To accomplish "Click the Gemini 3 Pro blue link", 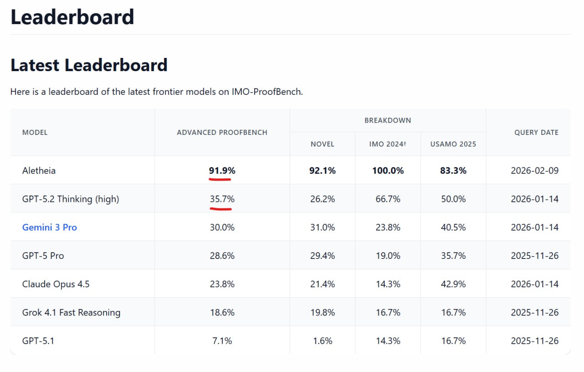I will [x=49, y=227].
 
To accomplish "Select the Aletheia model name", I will [x=39, y=170].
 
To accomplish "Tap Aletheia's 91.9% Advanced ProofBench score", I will [x=222, y=170].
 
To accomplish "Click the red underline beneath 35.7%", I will [x=221, y=208].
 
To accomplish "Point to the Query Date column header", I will [x=536, y=132].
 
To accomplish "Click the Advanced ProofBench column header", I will [x=222, y=132].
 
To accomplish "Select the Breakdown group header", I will [x=387, y=120].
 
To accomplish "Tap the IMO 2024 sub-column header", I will [x=387, y=144].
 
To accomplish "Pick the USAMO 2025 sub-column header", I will [x=453, y=144].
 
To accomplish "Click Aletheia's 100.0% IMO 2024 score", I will [x=387, y=170].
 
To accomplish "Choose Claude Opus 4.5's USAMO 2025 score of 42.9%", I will [x=453, y=284].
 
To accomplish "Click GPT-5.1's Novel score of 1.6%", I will [x=323, y=341].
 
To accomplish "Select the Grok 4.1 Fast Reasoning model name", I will [x=71, y=312].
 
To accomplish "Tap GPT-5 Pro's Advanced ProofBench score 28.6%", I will [x=222, y=256].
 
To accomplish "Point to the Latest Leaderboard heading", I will [x=89, y=65].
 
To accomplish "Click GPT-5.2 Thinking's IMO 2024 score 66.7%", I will [x=387, y=199].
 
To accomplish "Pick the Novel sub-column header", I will [x=323, y=144].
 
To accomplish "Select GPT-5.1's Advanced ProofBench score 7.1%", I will [x=222, y=341].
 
